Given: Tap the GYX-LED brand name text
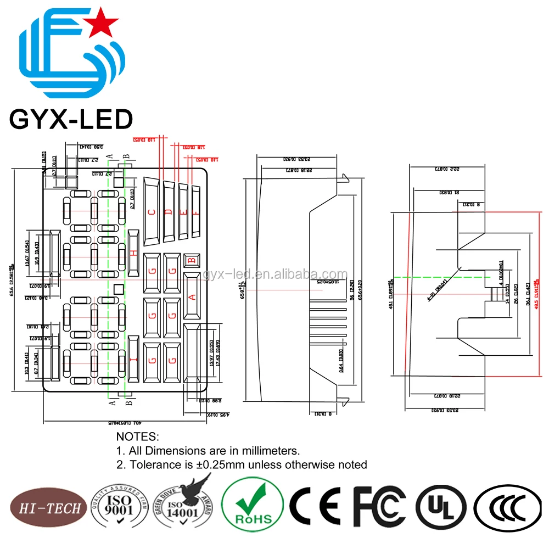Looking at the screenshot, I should (71, 119).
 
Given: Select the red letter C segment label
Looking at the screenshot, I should (152, 212).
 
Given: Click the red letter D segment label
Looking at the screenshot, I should (169, 212).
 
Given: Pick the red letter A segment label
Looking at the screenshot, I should (192, 297).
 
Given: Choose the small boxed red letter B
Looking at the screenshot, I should (192, 260).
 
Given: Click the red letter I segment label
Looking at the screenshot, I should (133, 361).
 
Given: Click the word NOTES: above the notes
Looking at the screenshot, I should (137, 437).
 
